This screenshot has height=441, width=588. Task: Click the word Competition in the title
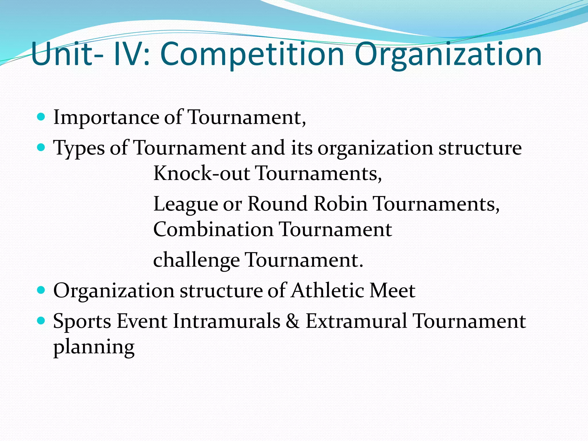click(x=252, y=54)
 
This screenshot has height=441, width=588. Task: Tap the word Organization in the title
click(x=448, y=54)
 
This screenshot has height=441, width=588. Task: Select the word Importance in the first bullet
click(x=106, y=118)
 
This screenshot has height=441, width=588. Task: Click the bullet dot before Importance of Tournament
click(x=41, y=117)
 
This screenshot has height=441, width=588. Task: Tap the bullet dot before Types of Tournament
click(x=41, y=147)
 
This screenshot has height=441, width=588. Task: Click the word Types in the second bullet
click(x=79, y=148)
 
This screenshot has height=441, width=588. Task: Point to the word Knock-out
click(x=201, y=173)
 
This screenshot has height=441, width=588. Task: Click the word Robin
click(x=341, y=204)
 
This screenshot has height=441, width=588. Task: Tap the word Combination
click(x=213, y=229)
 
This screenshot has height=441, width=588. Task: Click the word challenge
click(x=196, y=260)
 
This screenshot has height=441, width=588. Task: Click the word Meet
click(x=392, y=290)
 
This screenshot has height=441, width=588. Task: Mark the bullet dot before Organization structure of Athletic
click(x=41, y=290)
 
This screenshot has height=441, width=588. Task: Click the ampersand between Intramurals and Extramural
click(x=293, y=321)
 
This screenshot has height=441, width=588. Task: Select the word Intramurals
click(x=227, y=321)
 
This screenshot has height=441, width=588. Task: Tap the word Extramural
click(x=356, y=321)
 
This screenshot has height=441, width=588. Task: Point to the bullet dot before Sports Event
click(x=41, y=320)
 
